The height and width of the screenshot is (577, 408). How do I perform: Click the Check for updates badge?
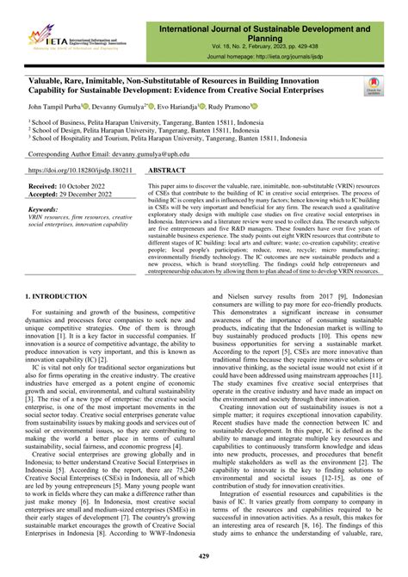(374, 84)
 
